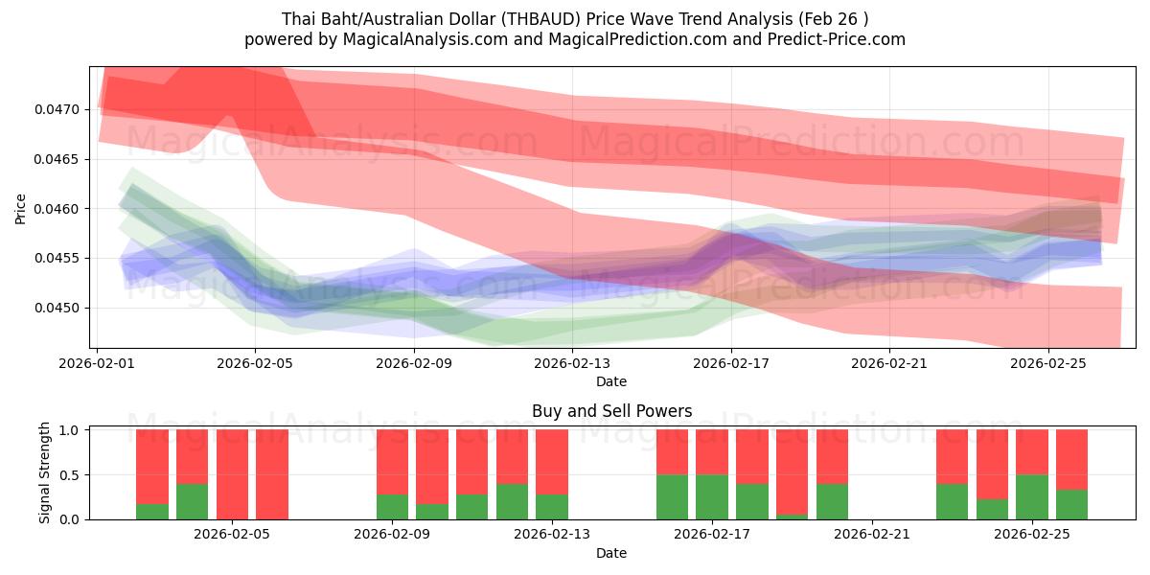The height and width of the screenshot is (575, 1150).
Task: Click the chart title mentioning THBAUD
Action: coord(575,18)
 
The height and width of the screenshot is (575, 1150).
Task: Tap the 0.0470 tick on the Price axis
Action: coord(59,109)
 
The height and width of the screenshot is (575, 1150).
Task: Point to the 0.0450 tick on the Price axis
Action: coord(59,308)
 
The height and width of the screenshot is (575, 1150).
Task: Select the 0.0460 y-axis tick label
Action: coord(59,209)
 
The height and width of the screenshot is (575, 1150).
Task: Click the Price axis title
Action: coord(20,209)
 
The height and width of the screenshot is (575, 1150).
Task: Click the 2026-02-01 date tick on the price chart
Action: coord(98,363)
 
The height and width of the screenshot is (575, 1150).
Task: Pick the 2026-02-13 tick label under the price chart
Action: coord(572,363)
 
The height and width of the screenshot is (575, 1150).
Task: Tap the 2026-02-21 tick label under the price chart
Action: coord(889,363)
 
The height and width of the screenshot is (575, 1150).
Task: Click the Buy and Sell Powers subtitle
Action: coord(611,411)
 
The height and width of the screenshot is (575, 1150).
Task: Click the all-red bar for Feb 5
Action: coord(232,474)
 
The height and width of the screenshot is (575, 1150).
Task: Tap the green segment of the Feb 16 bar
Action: coord(672,496)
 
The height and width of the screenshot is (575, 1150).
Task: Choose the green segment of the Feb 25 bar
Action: coord(1032,496)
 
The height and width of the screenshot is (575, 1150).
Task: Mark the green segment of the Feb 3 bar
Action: coord(152,511)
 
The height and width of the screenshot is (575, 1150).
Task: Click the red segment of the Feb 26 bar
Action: coord(1071,460)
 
